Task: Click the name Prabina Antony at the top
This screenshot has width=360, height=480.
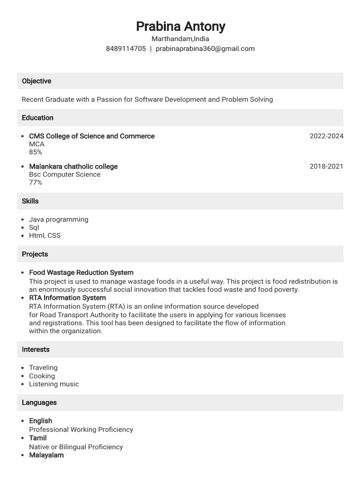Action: tap(180, 26)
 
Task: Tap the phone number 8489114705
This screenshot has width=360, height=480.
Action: tap(126, 49)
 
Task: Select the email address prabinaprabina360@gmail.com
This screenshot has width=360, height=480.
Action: tap(205, 49)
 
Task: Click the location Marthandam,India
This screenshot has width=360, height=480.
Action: tap(180, 39)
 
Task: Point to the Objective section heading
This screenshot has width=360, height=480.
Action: tap(37, 81)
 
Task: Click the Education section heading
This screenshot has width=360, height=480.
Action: tap(37, 118)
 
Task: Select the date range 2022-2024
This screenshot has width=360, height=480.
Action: tap(326, 136)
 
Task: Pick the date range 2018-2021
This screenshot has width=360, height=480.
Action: tap(326, 166)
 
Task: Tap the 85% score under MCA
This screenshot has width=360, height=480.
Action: tap(36, 152)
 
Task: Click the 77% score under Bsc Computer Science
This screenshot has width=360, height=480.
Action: tap(36, 182)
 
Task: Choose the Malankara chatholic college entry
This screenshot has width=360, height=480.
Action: tap(73, 166)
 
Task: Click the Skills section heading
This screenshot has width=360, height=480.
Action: tap(30, 201)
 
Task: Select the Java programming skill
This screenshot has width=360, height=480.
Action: tap(59, 219)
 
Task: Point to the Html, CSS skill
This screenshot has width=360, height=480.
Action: tap(45, 235)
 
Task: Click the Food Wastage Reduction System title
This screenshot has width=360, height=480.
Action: tap(81, 272)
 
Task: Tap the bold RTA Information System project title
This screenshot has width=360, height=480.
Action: tap(67, 298)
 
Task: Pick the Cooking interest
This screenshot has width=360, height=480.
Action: tap(42, 376)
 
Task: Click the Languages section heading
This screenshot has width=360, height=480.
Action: tap(39, 403)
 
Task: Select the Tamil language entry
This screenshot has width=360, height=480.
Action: tap(38, 438)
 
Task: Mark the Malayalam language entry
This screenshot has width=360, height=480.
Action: tap(46, 455)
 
